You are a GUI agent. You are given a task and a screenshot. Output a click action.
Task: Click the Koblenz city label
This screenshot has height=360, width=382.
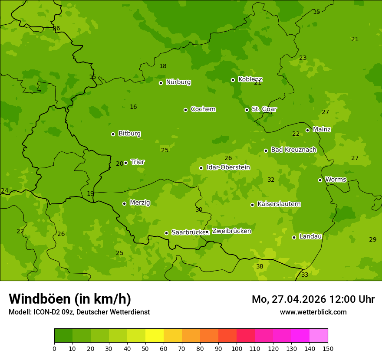point(250,80)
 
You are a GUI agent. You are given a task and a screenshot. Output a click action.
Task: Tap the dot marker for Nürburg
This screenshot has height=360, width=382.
point(161,83)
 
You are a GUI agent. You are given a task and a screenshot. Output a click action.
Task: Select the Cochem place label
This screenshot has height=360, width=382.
point(203,109)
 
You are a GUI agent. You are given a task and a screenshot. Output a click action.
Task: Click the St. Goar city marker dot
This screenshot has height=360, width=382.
point(247,110)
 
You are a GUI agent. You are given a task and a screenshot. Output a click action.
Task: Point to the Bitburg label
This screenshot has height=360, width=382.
point(129,134)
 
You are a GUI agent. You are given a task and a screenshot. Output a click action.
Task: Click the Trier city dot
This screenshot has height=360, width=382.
point(126,163)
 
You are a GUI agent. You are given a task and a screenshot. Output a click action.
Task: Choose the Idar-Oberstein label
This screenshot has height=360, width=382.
point(228,167)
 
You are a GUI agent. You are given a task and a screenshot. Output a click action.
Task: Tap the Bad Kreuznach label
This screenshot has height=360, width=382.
point(293,150)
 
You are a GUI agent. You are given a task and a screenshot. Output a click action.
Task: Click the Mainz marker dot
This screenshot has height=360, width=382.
point(307,130)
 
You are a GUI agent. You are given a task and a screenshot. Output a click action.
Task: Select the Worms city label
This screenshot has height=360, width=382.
point(335,180)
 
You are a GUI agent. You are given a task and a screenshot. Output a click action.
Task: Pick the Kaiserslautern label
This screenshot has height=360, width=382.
point(279,204)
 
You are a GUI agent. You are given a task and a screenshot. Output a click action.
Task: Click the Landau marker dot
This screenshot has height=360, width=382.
point(294,237)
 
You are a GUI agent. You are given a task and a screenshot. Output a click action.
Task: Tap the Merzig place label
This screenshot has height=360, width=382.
point(140,203)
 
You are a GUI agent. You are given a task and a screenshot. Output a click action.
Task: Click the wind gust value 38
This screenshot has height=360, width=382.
point(260,266)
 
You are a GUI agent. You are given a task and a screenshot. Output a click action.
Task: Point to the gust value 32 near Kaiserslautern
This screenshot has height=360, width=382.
point(271,180)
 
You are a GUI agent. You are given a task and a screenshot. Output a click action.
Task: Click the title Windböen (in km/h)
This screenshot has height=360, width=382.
point(70,299)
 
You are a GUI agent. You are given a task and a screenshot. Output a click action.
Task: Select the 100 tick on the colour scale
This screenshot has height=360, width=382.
point(237,348)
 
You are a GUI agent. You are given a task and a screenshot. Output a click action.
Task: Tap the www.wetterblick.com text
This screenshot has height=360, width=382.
point(313,312)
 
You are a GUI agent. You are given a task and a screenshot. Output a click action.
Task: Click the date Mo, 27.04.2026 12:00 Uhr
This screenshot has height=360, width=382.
point(313,299)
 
